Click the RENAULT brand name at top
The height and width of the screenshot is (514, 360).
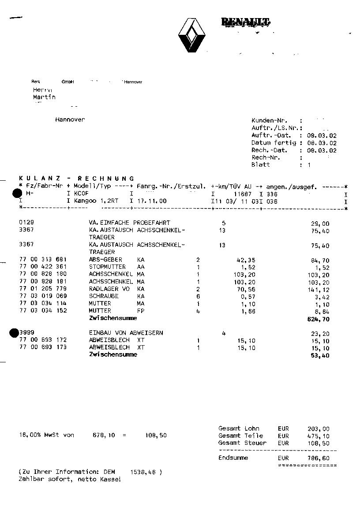click(x=245, y=22)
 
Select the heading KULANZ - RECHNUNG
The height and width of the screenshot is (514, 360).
click(x=77, y=178)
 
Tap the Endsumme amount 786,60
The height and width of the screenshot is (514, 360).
click(x=319, y=458)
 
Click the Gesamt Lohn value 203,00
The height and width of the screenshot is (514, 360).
click(x=319, y=428)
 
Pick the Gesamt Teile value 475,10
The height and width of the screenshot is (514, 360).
click(x=319, y=436)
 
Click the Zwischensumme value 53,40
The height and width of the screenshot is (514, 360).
click(x=320, y=355)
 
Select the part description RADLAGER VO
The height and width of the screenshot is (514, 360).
click(x=109, y=289)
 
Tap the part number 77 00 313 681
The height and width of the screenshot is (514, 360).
click(x=43, y=260)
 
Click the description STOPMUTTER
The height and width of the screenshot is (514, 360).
click(x=107, y=267)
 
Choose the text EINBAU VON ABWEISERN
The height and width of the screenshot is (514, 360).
click(x=126, y=333)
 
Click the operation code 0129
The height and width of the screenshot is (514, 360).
click(x=26, y=223)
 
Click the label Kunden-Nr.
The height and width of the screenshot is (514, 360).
click(x=269, y=120)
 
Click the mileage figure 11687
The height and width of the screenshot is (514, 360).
click(x=243, y=194)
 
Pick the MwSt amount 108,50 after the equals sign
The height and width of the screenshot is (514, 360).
click(x=156, y=435)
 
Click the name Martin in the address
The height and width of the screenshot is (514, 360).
click(x=44, y=97)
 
